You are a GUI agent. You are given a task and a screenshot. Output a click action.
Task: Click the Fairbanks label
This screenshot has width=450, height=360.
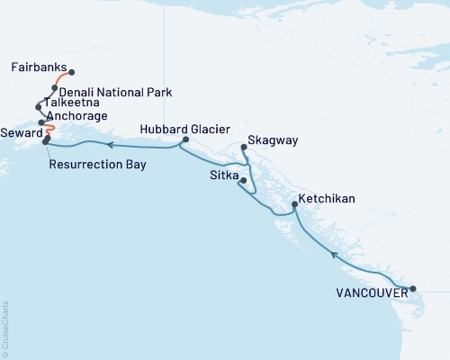click(x=38, y=67)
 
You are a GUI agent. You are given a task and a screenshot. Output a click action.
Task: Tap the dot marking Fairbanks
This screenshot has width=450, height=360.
click(x=71, y=72)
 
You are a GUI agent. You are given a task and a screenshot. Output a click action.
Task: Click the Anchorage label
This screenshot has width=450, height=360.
click(x=78, y=116)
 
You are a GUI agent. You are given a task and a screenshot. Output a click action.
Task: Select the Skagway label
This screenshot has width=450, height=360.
click(x=273, y=141)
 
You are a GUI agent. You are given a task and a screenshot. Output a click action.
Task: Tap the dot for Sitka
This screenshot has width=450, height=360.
click(x=241, y=181)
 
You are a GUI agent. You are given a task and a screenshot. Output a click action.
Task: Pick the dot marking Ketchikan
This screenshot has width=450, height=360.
click(x=294, y=206)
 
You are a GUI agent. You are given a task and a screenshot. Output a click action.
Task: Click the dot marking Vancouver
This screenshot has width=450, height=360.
click(x=413, y=290)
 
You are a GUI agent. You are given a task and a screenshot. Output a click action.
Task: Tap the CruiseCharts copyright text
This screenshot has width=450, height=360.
click(x=5, y=328)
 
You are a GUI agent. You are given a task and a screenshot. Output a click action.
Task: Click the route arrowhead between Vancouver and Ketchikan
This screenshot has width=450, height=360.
click(x=333, y=255)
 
